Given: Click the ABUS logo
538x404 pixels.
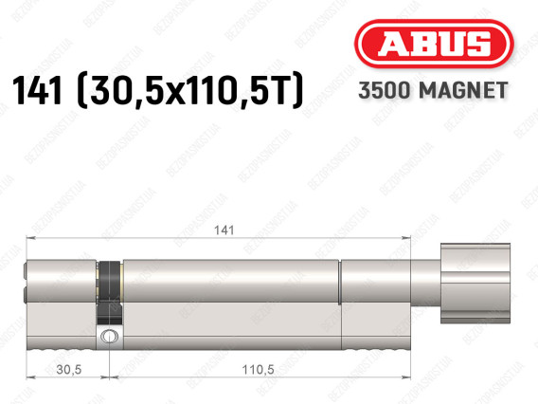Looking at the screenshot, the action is tap(434, 44).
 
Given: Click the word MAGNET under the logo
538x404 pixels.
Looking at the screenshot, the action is tap(463, 90).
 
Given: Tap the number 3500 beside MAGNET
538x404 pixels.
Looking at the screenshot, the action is tap(385, 90).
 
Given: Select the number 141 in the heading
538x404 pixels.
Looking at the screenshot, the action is tap(37, 90).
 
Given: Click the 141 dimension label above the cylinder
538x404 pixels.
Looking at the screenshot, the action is tap(224, 230).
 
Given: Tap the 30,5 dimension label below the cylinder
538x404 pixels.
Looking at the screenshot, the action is tap(68, 369).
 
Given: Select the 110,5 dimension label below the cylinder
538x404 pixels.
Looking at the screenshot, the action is tap(258, 369).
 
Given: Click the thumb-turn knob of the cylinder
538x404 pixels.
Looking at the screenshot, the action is tap(475, 283).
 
